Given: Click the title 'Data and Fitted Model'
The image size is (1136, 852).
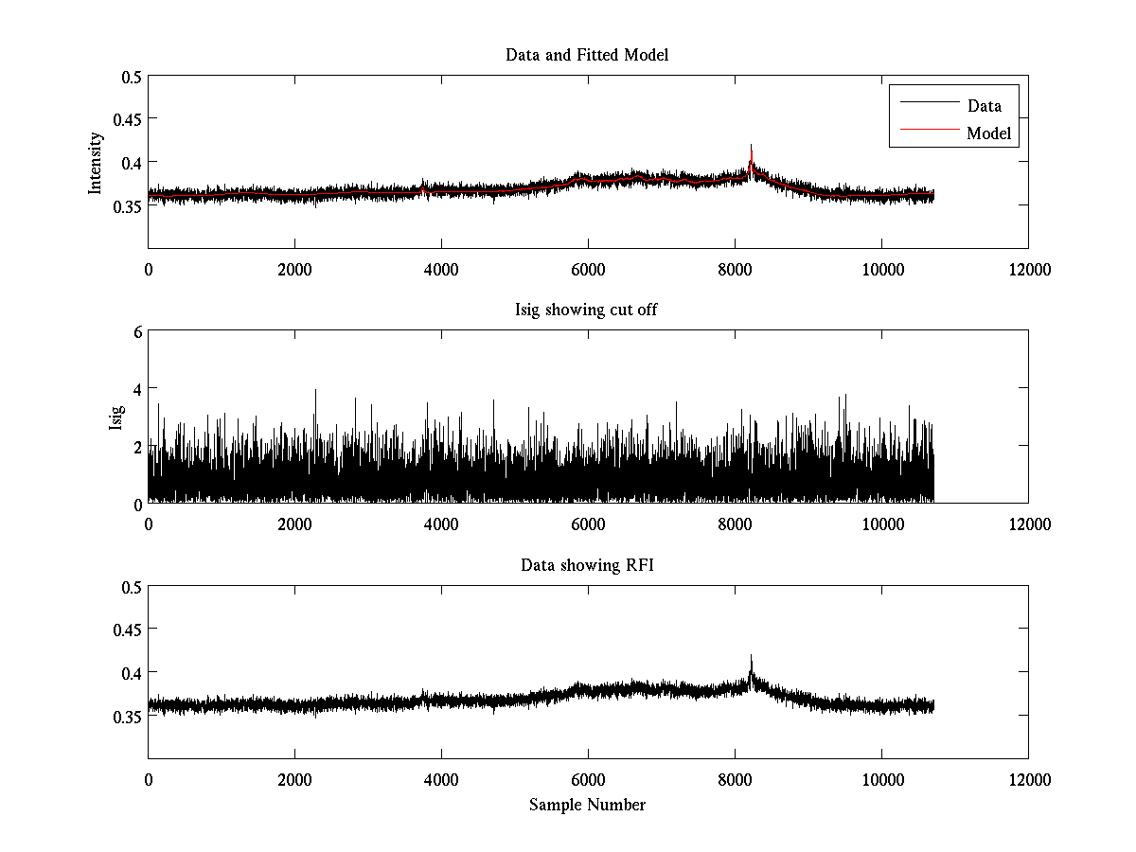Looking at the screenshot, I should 587,55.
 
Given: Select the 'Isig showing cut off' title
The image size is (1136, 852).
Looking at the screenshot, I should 587,311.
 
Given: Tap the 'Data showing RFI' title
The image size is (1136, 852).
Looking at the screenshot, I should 587,566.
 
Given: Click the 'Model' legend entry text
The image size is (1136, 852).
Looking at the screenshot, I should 988,133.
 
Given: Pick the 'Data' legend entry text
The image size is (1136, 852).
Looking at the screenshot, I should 984,106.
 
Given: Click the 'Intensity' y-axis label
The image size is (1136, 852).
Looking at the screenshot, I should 96,163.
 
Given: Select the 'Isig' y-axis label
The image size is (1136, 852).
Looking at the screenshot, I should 115,417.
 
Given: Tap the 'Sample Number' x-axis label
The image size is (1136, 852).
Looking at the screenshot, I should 587,805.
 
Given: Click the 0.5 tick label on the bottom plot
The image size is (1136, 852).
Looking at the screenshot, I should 131,587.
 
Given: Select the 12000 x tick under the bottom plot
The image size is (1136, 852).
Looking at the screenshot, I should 1028,779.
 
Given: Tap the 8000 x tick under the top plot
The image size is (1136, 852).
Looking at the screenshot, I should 735,269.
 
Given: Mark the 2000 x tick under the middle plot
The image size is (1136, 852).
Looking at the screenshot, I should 294,524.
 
